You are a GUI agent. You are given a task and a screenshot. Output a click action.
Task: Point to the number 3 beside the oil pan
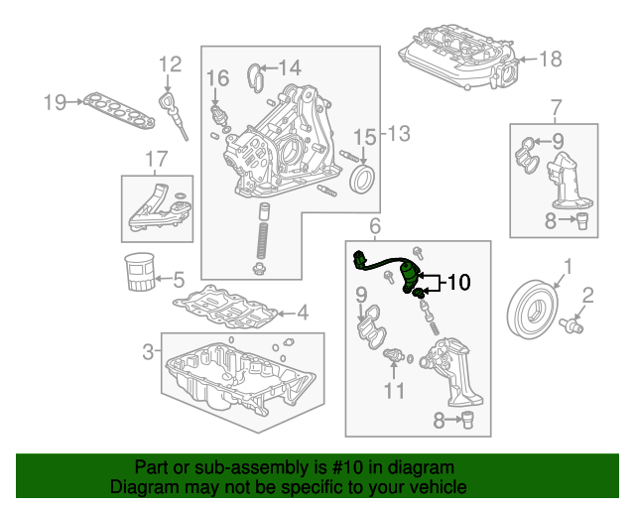[x=147, y=350]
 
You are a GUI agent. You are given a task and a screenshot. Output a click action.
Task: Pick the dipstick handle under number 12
[x=168, y=103]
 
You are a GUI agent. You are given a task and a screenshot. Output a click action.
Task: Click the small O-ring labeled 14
[x=254, y=71]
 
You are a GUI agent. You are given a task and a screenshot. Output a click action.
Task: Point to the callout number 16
[x=217, y=76]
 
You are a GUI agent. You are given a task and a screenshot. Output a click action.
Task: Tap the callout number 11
[x=395, y=391]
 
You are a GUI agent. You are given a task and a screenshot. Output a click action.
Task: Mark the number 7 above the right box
[x=556, y=106]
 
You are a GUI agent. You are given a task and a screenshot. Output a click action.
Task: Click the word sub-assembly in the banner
[x=228, y=467]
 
